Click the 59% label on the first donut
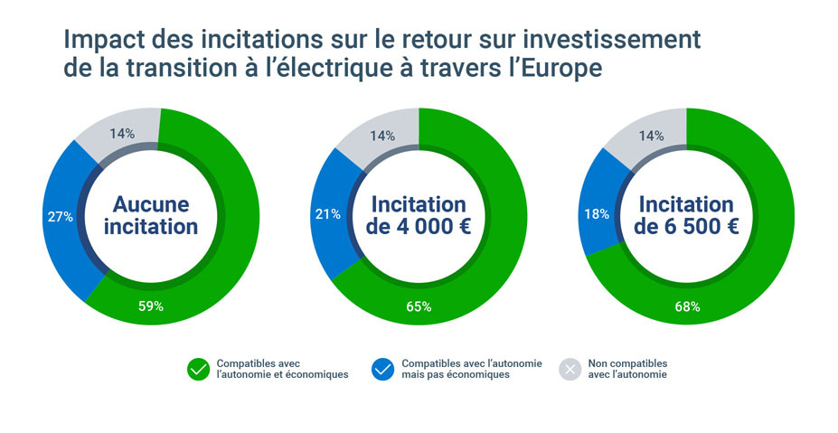[x=150, y=306]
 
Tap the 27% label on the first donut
[x=60, y=217]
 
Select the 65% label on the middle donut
[x=419, y=306]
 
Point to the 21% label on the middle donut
[x=327, y=214]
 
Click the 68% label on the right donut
[x=687, y=306]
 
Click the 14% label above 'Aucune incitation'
[x=122, y=134]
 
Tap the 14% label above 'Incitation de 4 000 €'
[x=382, y=136]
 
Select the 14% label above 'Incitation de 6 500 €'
[x=651, y=136]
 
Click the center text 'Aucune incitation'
[x=150, y=215]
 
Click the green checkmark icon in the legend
[x=198, y=369]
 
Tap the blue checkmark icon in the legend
[x=383, y=369]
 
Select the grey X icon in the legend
[x=570, y=369]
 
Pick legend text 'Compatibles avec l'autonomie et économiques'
[x=282, y=369]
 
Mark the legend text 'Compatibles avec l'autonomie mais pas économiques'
[x=472, y=369]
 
